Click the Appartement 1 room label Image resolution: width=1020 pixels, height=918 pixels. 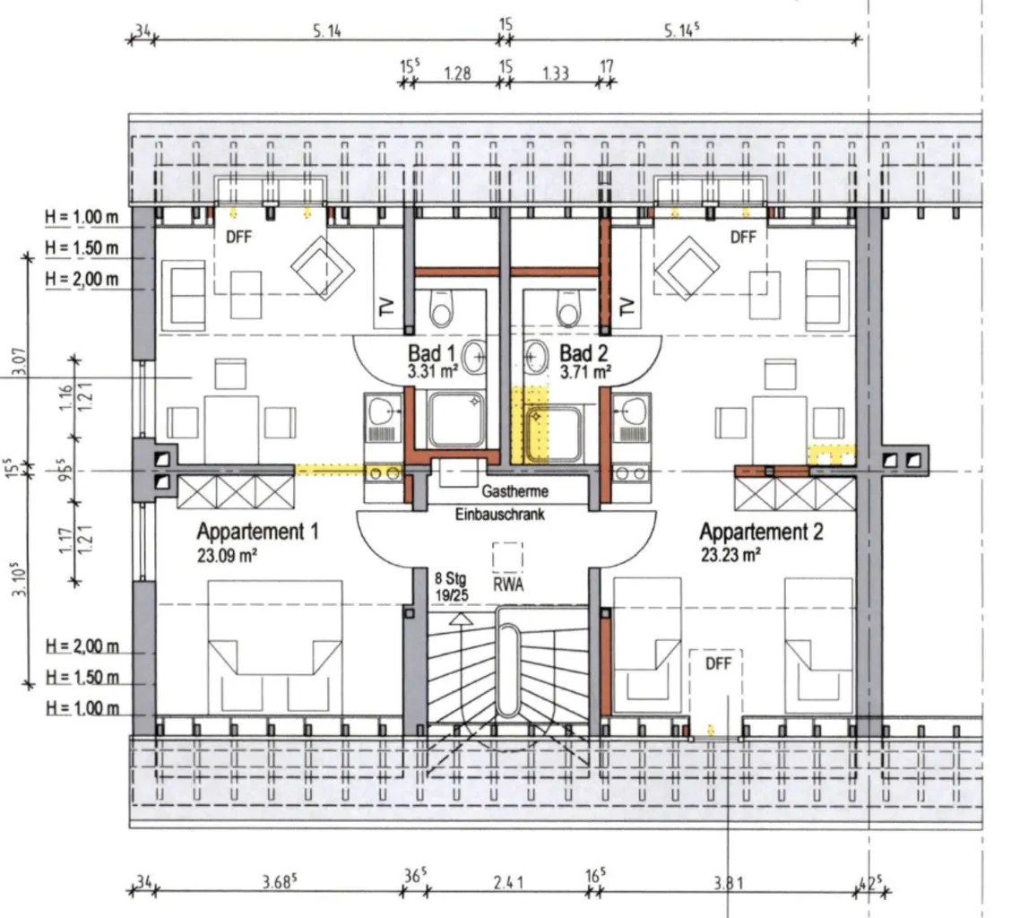[x=257, y=532]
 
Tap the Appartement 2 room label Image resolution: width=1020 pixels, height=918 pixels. [x=761, y=532]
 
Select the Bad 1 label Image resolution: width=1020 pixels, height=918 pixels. [x=431, y=353]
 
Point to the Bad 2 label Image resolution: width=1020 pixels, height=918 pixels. [x=583, y=353]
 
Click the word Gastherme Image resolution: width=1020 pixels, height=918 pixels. [x=515, y=491]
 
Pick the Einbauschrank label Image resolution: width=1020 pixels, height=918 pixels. [x=499, y=515]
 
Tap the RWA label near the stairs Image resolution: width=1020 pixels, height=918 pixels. [x=508, y=585]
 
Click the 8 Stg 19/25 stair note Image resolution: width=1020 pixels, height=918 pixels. [x=452, y=586]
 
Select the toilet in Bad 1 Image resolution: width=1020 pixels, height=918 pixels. [x=441, y=308]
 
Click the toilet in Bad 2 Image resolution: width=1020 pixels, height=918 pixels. [x=568, y=308]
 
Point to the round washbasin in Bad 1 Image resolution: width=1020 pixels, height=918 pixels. [x=473, y=357]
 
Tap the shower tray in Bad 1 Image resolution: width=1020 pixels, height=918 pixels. [x=456, y=420]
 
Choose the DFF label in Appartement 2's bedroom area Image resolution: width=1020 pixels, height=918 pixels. [x=718, y=663]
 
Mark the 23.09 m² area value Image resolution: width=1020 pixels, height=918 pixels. [x=227, y=556]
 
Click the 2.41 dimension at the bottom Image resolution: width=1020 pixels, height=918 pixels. [x=508, y=882]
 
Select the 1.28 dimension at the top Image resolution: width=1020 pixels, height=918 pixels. [x=457, y=73]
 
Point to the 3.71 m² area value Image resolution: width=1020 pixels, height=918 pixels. [x=585, y=372]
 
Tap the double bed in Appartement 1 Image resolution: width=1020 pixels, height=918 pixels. [x=275, y=648]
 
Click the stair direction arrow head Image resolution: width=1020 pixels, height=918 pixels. [x=462, y=619]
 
